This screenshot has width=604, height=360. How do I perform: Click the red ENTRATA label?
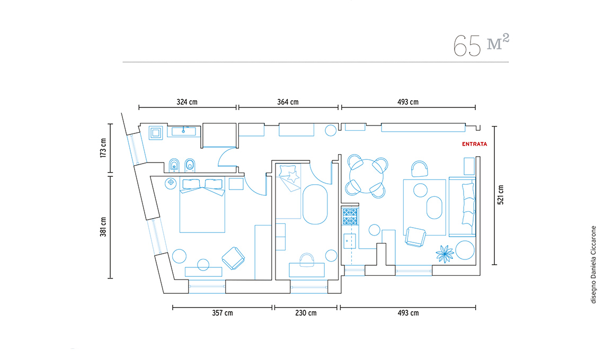(x=475, y=144)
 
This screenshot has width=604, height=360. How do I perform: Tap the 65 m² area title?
(x=481, y=45)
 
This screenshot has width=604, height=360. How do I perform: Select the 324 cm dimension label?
(x=187, y=102)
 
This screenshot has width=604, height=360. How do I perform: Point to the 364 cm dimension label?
(x=288, y=102)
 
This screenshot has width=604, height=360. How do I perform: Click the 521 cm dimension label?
(x=500, y=195)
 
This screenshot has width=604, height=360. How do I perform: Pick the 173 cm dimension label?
(x=103, y=148)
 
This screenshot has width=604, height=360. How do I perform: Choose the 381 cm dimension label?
(x=103, y=227)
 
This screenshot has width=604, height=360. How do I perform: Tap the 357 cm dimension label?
(x=223, y=313)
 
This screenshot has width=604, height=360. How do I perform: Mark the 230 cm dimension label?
(x=306, y=313)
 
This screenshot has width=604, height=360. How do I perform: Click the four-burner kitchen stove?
(x=350, y=217)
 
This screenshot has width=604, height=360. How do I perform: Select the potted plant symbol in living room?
(x=445, y=254)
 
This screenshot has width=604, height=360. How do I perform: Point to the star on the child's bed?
(x=293, y=177)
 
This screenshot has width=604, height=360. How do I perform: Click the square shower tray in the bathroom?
(x=156, y=133)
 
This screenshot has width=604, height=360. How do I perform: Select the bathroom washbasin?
(x=183, y=131)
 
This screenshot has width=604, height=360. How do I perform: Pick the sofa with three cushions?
(x=462, y=207)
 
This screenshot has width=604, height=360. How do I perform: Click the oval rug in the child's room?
(x=315, y=204)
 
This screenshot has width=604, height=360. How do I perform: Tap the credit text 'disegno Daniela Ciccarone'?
(x=593, y=265)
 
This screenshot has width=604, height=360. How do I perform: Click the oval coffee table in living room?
(x=434, y=208)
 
